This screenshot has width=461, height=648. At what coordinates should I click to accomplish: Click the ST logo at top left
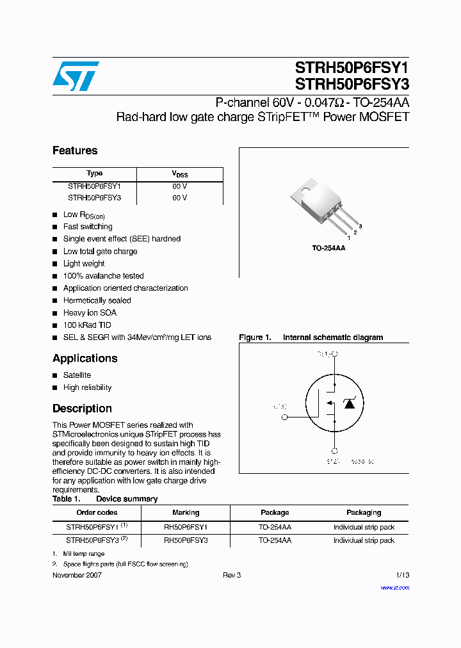click(76, 76)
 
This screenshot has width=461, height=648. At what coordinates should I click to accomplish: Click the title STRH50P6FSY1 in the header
click(352, 67)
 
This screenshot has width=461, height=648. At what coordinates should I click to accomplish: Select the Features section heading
click(75, 150)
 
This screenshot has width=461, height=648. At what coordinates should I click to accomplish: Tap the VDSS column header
click(179, 174)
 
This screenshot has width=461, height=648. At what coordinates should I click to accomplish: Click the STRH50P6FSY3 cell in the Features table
click(94, 198)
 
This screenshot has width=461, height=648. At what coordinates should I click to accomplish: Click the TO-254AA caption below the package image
click(328, 248)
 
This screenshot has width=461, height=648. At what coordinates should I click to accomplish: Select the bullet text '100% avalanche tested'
click(103, 276)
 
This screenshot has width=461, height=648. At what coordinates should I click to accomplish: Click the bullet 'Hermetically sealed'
click(97, 300)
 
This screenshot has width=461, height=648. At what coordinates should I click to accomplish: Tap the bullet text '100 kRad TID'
click(86, 325)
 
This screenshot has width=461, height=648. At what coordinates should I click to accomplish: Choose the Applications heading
click(85, 359)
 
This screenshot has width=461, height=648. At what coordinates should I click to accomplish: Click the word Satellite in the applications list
click(77, 375)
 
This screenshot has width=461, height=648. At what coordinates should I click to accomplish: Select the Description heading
click(82, 409)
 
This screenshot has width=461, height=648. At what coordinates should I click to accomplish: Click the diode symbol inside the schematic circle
click(350, 403)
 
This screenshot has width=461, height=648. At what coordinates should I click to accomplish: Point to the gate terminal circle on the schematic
click(285, 417)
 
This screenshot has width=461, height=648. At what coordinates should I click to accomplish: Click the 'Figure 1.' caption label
click(255, 337)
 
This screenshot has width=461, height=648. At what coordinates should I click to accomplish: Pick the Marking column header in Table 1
click(186, 512)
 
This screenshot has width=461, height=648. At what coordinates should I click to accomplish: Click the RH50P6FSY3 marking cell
click(186, 540)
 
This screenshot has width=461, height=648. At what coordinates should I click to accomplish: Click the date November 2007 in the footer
click(77, 575)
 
